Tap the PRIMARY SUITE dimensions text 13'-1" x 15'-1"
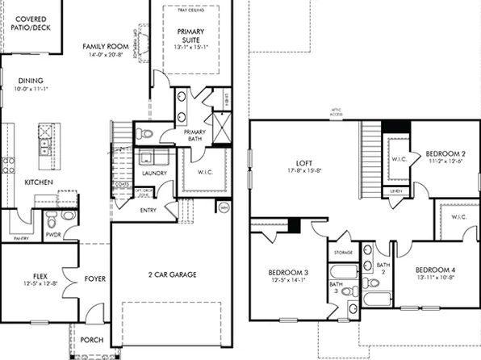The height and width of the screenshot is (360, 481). tap(190, 46)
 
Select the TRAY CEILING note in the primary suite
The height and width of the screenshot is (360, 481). tap(190, 10)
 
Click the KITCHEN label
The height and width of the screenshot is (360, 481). tap(39, 182)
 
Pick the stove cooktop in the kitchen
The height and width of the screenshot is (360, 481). tap(8, 165)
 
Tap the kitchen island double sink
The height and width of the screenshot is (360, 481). tap(45, 145)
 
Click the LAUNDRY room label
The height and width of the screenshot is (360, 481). tap(153, 173)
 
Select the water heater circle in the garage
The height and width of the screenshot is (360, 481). tap(223, 208)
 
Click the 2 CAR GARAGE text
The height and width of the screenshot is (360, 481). tap(172, 274)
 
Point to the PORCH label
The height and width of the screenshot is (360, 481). tap(92, 340)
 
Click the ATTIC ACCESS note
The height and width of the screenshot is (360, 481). tap(337, 114)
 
